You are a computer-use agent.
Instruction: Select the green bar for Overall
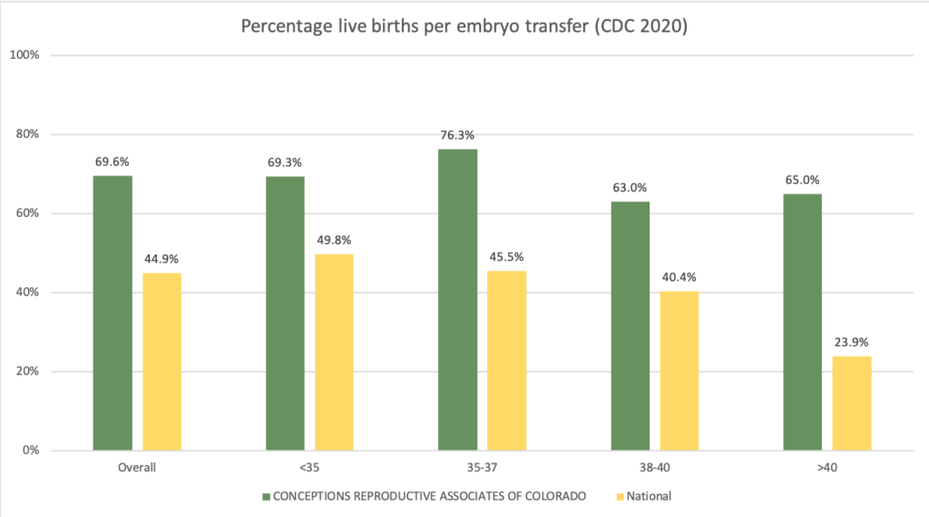(x=112, y=313)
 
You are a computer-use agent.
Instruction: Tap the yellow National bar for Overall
(x=161, y=362)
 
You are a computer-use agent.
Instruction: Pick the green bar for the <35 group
(x=285, y=313)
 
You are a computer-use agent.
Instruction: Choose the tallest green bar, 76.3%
(x=457, y=299)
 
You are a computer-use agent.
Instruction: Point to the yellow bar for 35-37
(x=506, y=360)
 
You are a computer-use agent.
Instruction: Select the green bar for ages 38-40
(x=630, y=326)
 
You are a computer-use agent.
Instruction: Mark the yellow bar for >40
(x=851, y=403)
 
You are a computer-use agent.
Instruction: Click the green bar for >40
(x=802, y=322)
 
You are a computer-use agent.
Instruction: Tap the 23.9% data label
(x=851, y=343)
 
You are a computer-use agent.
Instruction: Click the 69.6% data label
(x=112, y=162)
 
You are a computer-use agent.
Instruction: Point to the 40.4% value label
(x=679, y=278)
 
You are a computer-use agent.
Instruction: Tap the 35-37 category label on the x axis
(x=482, y=468)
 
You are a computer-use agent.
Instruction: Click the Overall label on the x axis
(x=137, y=468)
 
